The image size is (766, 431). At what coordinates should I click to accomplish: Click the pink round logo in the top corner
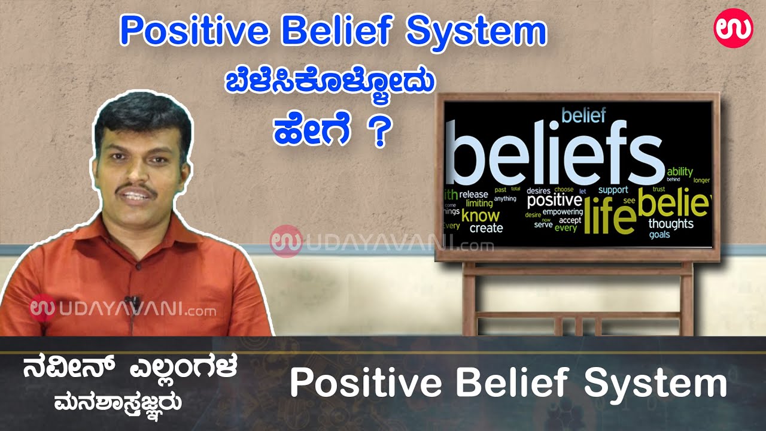pos(733,29)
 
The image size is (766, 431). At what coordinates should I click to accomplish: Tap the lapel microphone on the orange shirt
pos(133,301)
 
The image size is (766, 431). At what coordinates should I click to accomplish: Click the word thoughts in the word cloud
pos(671,224)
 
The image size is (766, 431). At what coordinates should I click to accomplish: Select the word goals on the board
pos(659,235)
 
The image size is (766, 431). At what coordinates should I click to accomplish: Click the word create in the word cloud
pos(486,228)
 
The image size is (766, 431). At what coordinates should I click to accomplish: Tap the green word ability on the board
pos(679,172)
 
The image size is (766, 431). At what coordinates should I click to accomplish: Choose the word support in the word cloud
pos(613,190)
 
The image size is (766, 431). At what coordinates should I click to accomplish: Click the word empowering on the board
pos(563,212)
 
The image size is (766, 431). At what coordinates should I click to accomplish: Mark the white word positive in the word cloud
pos(554,200)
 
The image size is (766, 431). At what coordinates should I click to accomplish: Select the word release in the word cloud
pos(473,195)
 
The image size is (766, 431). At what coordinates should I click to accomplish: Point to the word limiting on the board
pos(479,204)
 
